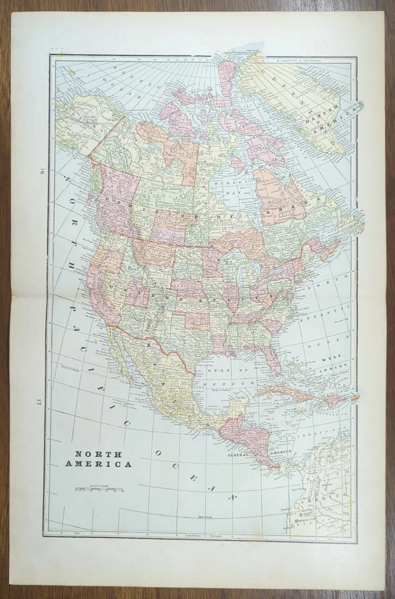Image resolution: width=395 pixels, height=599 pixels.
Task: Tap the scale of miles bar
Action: [99, 489]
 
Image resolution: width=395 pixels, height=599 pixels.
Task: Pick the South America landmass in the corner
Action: [325, 493]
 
